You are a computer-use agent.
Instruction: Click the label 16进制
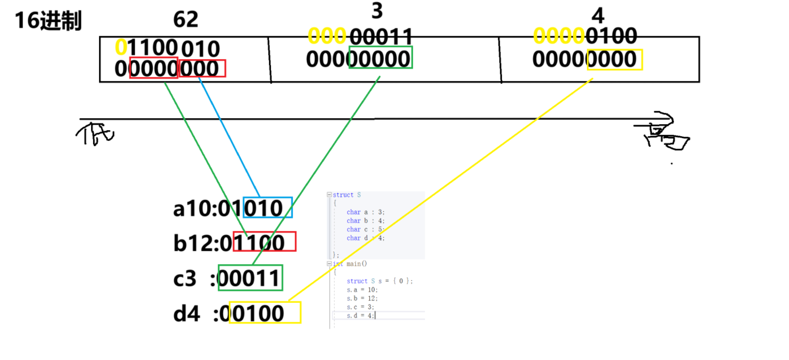tap(48, 21)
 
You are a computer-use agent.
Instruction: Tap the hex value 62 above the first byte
tap(186, 20)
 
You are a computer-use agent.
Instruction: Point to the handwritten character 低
tap(96, 134)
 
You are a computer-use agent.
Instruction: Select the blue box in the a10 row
tap(268, 207)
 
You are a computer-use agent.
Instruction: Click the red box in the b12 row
tap(265, 242)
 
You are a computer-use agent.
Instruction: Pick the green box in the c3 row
tap(250, 278)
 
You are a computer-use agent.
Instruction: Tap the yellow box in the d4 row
tap(265, 312)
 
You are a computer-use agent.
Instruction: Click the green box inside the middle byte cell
tap(380, 58)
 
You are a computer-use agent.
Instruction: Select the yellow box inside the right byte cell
tap(615, 59)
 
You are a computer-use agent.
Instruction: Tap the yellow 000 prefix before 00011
tap(327, 36)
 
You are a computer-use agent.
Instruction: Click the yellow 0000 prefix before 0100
tap(558, 36)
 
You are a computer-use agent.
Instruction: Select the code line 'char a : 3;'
tap(365, 212)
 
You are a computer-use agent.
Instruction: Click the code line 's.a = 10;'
tap(362, 290)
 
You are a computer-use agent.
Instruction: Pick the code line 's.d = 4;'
tap(360, 316)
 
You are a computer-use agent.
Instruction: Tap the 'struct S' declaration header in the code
tap(346, 195)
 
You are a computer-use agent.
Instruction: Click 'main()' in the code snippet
tap(357, 264)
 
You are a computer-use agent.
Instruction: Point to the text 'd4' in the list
tap(186, 314)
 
